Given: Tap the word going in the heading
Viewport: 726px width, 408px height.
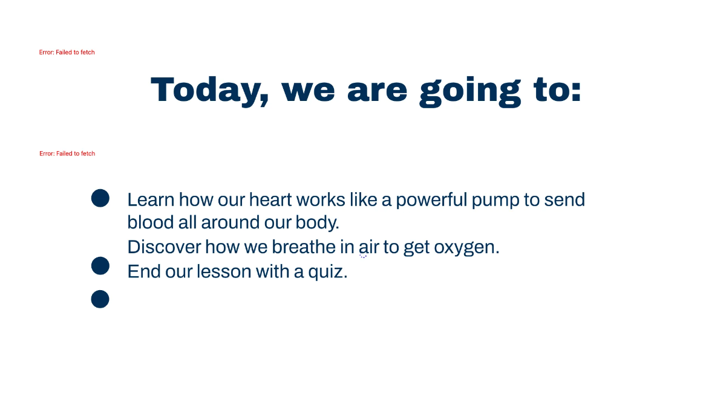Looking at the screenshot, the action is [x=470, y=92].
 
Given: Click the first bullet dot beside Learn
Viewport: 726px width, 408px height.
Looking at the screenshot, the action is [x=100, y=198].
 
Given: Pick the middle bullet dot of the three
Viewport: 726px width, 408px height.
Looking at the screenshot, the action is [x=100, y=266].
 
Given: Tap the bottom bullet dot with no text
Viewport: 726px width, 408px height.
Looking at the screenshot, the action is [x=100, y=299].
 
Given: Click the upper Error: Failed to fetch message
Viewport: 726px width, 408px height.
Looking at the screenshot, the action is [x=67, y=53].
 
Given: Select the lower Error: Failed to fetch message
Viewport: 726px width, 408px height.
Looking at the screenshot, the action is [x=67, y=154].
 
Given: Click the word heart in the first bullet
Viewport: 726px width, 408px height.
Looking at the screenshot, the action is [x=270, y=199].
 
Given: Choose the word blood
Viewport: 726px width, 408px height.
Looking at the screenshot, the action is [x=151, y=222].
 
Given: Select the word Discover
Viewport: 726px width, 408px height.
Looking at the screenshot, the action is [x=164, y=247].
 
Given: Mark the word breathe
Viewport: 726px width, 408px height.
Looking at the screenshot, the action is [x=304, y=247].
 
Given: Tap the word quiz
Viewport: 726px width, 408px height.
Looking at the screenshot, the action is [x=328, y=272].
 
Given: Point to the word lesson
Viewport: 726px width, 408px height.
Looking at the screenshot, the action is [x=224, y=271].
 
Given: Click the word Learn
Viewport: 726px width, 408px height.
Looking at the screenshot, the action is [x=151, y=200].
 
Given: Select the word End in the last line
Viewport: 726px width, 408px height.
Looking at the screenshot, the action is [x=144, y=271].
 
